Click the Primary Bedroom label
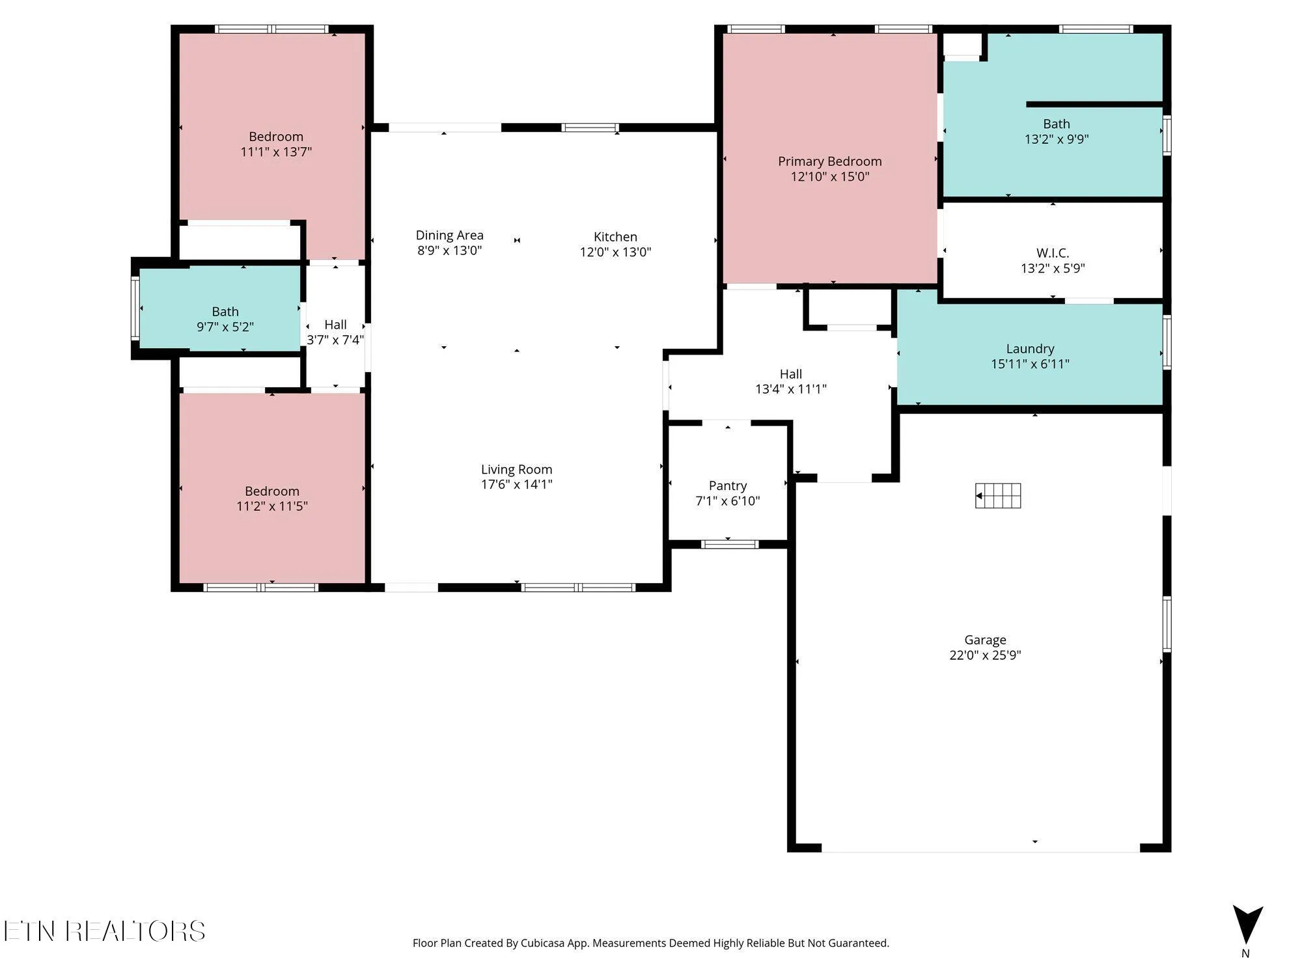point(829,161)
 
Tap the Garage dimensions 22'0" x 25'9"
point(985,655)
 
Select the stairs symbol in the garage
point(998,496)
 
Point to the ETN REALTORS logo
point(104,931)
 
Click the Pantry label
point(727,486)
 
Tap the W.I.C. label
point(1052,253)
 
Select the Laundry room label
point(1030,349)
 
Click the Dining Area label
point(449,236)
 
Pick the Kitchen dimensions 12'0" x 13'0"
point(615,252)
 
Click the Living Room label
point(516,470)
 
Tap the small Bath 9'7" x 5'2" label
point(225,319)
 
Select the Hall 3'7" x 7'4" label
point(335,332)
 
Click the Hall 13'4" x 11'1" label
point(790,381)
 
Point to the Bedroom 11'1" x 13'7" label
point(276,144)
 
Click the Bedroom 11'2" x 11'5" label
point(272,498)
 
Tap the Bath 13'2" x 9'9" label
point(1056,131)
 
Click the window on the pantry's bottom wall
point(729,544)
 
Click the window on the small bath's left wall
point(135,308)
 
